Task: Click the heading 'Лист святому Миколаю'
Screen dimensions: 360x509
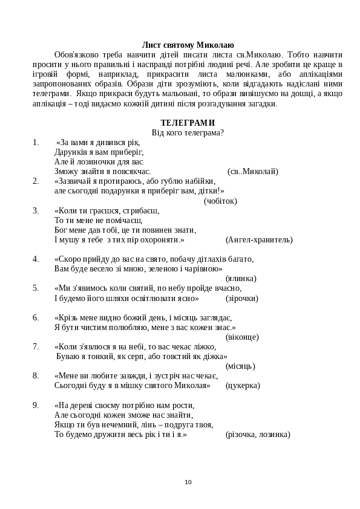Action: point(188,45)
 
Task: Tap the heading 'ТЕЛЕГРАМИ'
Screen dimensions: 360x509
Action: point(188,123)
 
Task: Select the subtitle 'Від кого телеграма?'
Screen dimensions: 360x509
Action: point(188,133)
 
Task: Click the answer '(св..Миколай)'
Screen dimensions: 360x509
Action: point(253,172)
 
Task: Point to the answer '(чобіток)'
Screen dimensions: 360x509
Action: point(220,201)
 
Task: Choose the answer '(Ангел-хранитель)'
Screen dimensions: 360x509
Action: point(259,240)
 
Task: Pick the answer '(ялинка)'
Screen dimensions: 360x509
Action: point(241,279)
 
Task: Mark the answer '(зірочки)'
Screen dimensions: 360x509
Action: point(242,298)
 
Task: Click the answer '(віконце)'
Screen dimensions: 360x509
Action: point(242,337)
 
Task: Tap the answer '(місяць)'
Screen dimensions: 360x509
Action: point(240,366)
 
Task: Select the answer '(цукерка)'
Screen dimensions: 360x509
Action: point(243,385)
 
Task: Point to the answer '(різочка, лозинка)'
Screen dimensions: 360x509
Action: point(258,434)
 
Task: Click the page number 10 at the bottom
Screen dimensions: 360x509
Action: point(188,482)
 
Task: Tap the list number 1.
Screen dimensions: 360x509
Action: point(36,143)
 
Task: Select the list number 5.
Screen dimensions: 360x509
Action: point(36,288)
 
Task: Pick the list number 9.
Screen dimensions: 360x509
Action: point(36,405)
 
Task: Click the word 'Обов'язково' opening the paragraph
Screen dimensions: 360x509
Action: point(75,54)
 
